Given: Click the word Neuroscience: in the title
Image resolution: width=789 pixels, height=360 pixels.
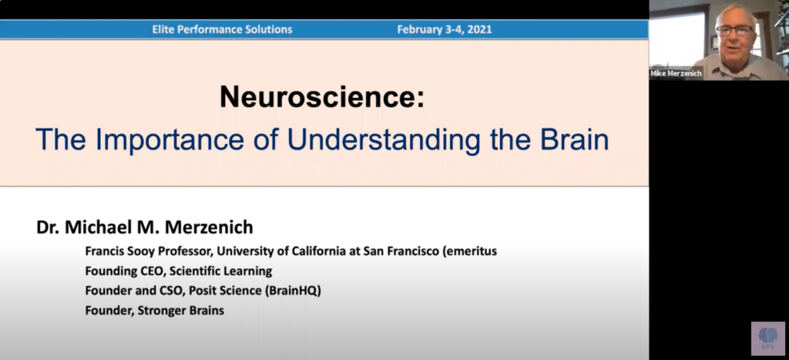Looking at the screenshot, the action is [x=322, y=96].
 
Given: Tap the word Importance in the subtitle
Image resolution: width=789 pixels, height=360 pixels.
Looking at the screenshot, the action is [x=170, y=140].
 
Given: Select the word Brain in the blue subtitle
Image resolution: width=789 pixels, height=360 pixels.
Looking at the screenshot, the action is [x=574, y=140].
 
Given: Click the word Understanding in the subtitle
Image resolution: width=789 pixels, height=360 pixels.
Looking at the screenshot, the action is [x=384, y=140].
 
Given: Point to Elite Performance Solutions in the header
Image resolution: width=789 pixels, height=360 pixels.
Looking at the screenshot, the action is [x=222, y=29].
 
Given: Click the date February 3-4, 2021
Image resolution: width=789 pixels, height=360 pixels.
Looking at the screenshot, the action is [x=445, y=29].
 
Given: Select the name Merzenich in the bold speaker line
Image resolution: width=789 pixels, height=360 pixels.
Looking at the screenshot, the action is [x=209, y=227].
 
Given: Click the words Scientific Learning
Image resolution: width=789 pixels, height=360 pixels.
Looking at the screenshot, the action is [x=220, y=271].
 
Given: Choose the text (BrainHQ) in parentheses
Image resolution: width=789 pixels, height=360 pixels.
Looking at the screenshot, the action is [x=293, y=291].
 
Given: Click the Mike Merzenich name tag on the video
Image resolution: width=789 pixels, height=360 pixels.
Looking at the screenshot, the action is [x=676, y=73].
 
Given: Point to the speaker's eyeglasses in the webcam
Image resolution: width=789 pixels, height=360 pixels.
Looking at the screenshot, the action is [x=735, y=30].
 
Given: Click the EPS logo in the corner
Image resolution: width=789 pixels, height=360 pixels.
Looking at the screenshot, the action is [x=768, y=338].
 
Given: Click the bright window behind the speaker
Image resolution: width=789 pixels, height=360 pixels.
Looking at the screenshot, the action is [x=670, y=39].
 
